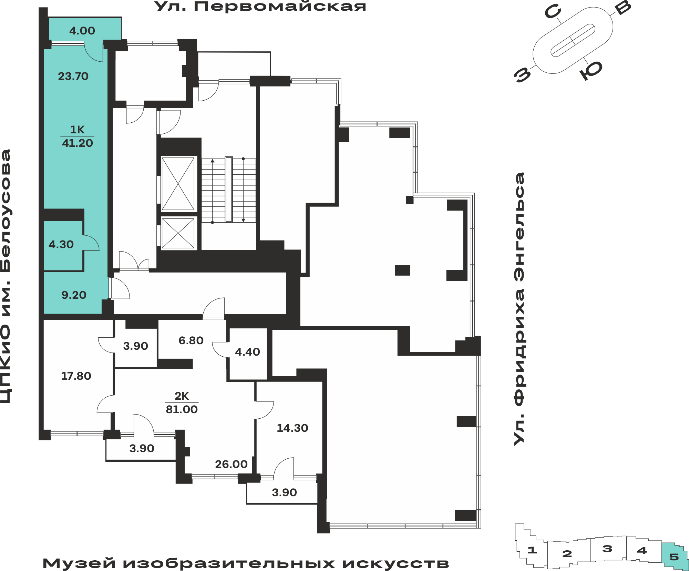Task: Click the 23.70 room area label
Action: click(73, 76)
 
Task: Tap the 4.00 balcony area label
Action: click(82, 31)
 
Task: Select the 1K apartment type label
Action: click(77, 130)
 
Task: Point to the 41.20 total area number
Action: click(78, 143)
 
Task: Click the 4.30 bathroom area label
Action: click(61, 244)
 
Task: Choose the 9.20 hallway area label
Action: click(74, 295)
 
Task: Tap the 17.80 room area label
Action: click(76, 376)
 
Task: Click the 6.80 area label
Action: click(191, 340)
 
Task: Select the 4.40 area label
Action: click(247, 352)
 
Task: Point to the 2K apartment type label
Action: click(182, 396)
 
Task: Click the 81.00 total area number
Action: click(182, 409)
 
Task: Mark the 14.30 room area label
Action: click(292, 428)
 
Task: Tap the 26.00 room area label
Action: click(231, 464)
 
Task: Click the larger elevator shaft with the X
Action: click(178, 183)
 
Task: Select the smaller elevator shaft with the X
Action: click(178, 233)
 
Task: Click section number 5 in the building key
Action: click(674, 557)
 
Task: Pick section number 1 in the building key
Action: click(532, 550)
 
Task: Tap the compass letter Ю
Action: click(591, 70)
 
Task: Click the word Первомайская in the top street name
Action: click(280, 6)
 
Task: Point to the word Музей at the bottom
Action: click(79, 563)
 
